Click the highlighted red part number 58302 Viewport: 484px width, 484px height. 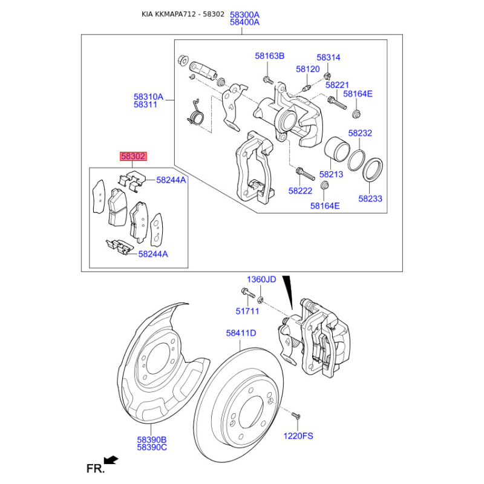tap(133, 156)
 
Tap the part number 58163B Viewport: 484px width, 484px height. tap(269, 56)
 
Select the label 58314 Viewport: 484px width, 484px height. tap(328, 57)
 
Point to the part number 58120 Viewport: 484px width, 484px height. tap(308, 69)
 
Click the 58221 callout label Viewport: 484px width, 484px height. tap(337, 85)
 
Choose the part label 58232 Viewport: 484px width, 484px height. tap(360, 133)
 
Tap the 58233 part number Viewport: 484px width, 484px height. tap(370, 198)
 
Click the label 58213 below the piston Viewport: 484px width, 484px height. tap(331, 174)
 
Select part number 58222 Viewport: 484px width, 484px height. tap(300, 191)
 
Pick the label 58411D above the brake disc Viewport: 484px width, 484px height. tap(241, 333)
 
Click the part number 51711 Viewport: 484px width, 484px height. tap(247, 311)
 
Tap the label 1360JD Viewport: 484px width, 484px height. tap(261, 280)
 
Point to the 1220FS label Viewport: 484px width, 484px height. tap(298, 436)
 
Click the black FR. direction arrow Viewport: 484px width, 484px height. tap(111, 460)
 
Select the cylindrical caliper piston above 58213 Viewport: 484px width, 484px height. tap(336, 149)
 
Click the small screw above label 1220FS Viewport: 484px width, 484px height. tap(296, 416)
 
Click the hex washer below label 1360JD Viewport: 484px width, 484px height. tap(260, 299)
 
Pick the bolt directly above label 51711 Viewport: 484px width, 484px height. tap(247, 292)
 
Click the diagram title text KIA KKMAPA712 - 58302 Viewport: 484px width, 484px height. tap(183, 14)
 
